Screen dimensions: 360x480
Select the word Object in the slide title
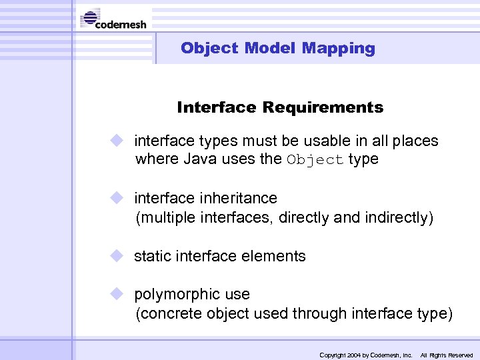pos(209,48)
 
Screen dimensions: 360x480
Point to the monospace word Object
pos(315,160)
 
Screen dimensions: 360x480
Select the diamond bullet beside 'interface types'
pos(118,141)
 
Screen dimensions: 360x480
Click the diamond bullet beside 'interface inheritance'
pos(118,198)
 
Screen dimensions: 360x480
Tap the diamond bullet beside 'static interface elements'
pos(118,255)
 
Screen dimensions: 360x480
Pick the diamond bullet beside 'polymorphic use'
pos(118,294)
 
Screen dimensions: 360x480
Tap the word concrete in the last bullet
pos(165,314)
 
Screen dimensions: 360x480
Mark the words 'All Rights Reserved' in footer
pos(446,355)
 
